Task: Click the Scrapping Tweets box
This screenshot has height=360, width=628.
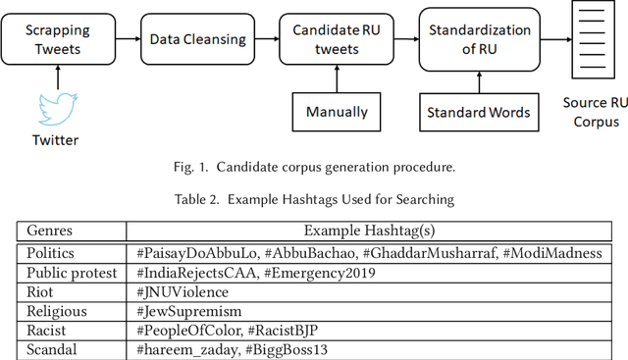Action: (x=55, y=40)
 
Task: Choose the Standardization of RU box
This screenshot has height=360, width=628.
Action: (x=478, y=40)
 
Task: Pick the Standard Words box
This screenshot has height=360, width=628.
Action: (x=478, y=112)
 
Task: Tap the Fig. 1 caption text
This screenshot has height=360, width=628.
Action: (x=313, y=167)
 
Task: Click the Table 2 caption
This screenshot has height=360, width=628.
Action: (x=313, y=200)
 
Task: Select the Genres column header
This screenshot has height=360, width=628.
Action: (x=49, y=231)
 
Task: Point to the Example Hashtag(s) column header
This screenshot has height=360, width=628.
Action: (x=369, y=231)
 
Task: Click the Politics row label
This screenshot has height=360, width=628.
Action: (x=51, y=252)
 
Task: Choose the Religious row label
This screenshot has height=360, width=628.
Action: (x=57, y=311)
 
